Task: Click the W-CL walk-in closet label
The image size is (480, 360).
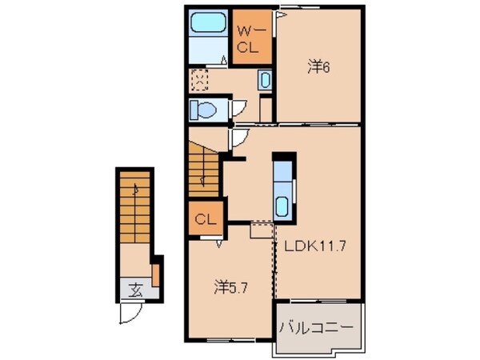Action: click(249, 39)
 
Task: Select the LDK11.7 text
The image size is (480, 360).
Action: click(316, 248)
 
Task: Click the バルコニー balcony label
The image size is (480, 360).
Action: click(317, 327)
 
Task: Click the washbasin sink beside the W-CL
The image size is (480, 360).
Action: click(266, 80)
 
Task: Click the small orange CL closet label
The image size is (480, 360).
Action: click(205, 218)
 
